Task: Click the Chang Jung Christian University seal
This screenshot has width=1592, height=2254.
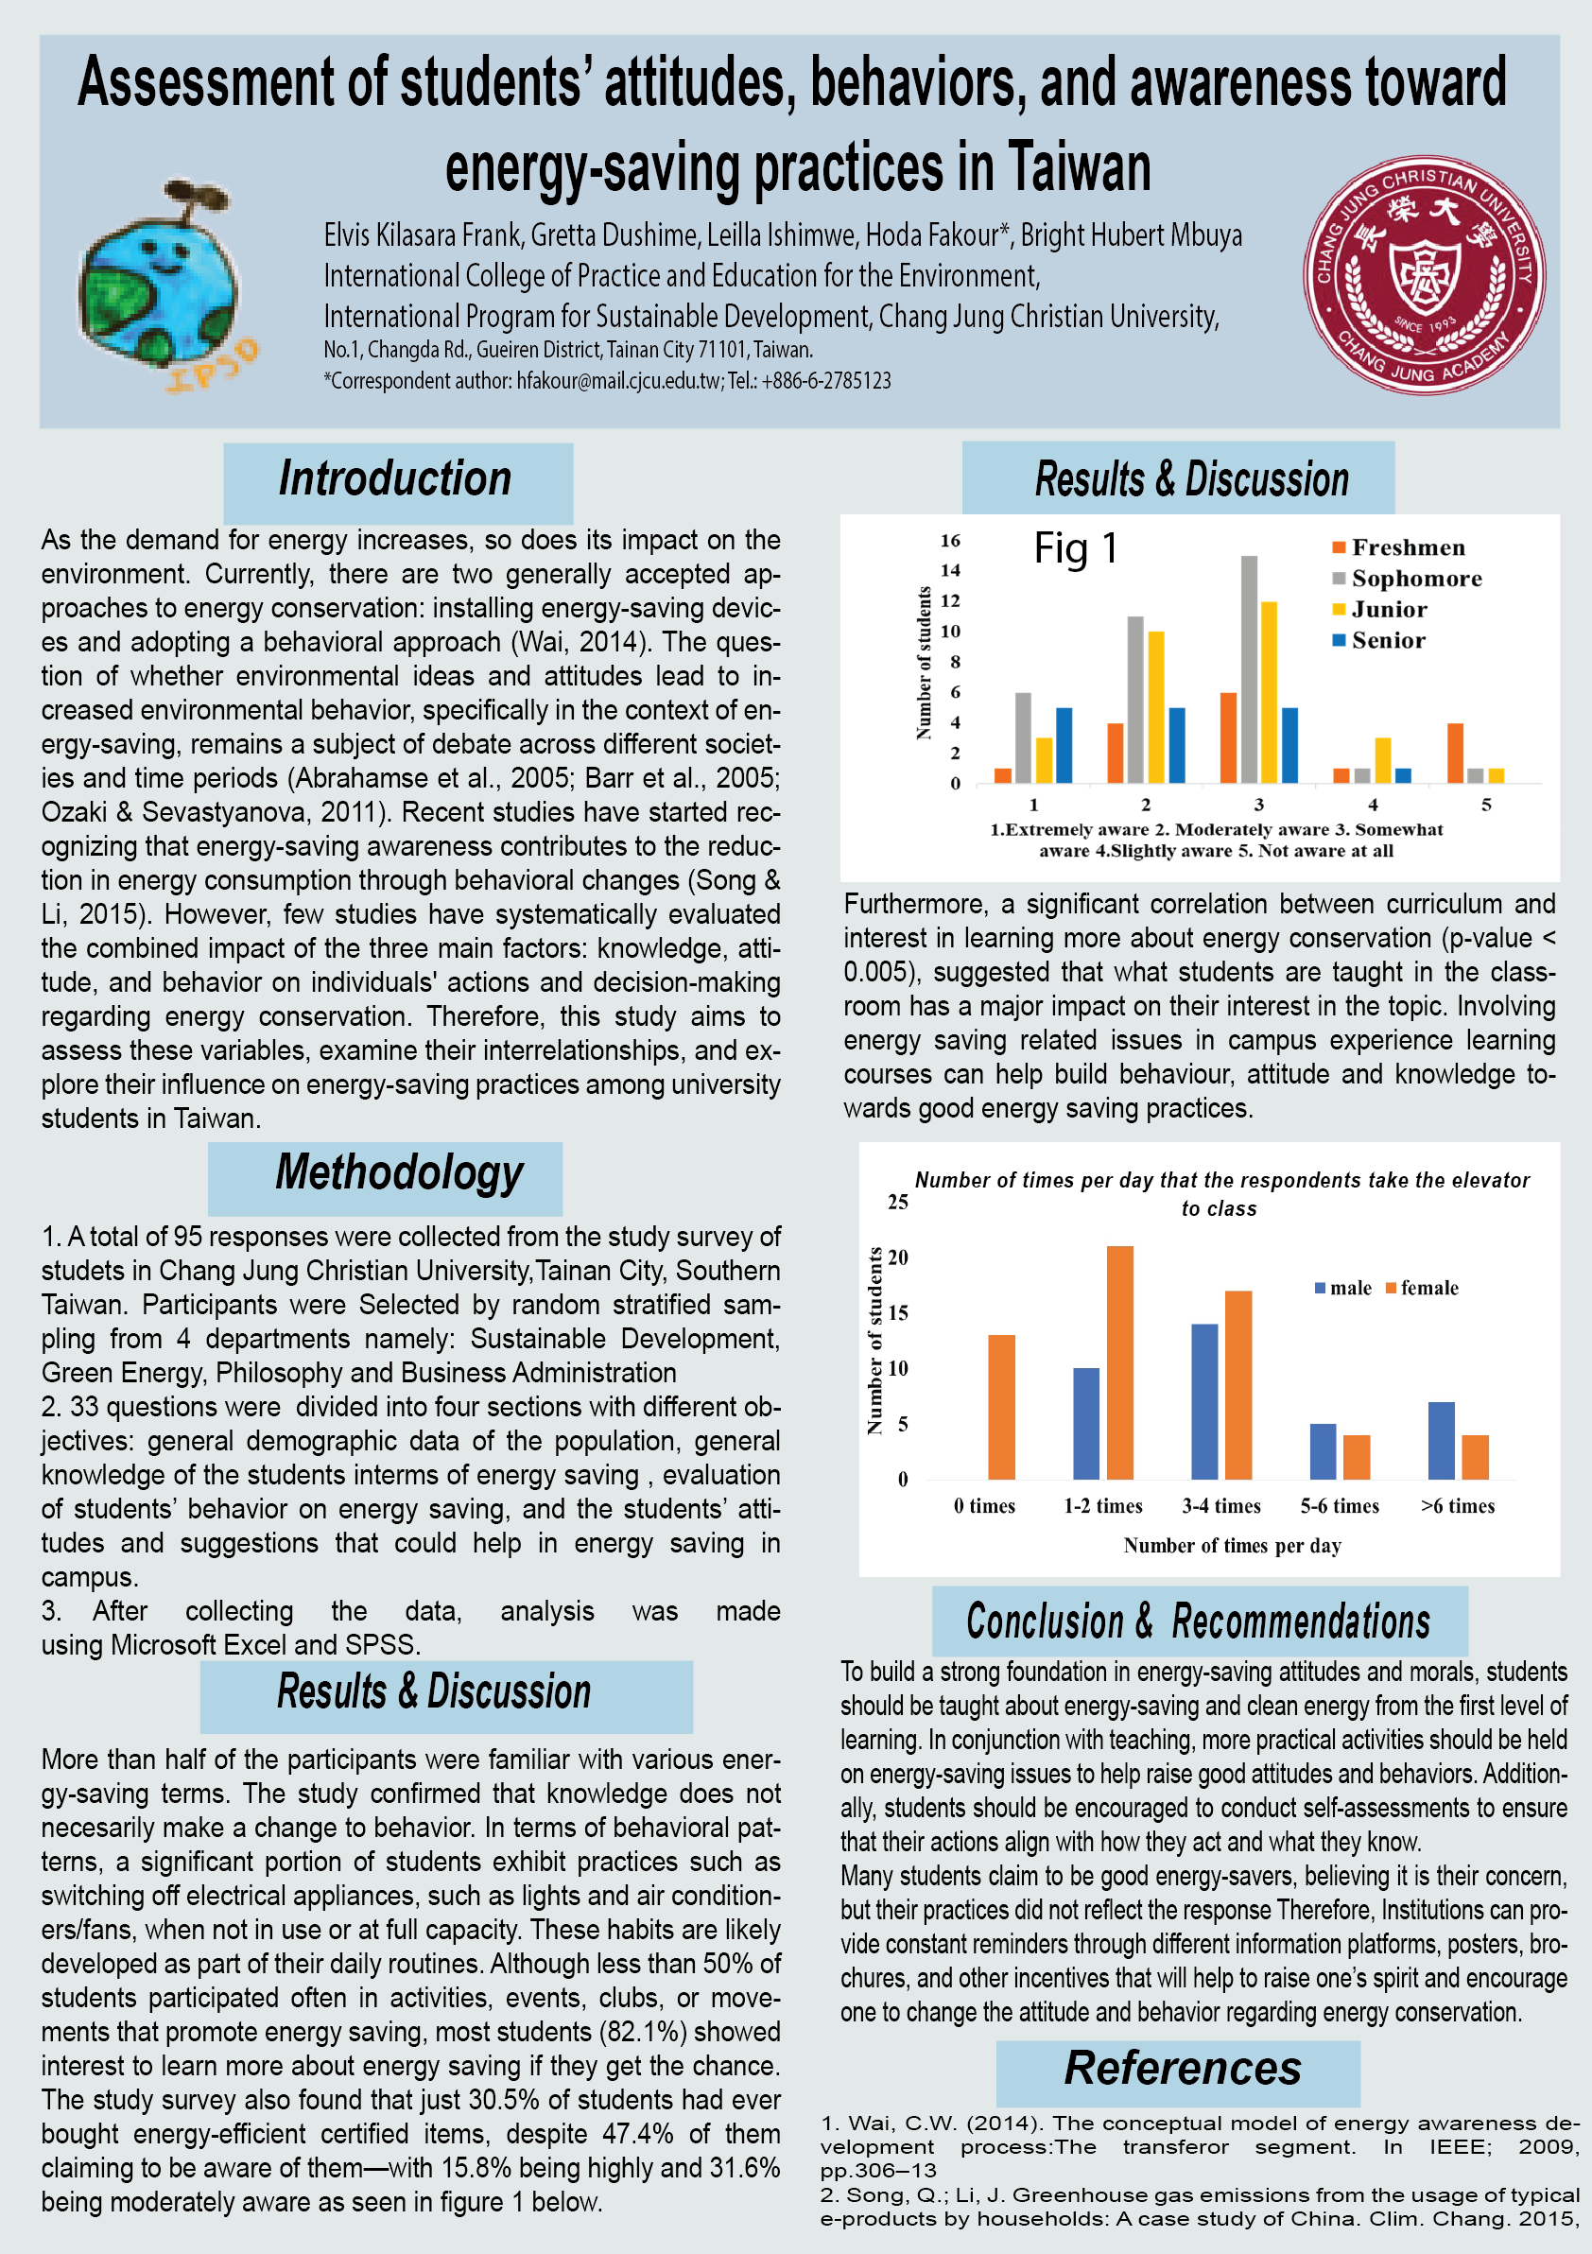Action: coord(1423,275)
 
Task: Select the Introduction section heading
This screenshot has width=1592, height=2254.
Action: coord(396,480)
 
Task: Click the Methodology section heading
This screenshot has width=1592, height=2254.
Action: coord(399,1174)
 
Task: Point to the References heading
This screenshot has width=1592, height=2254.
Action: coord(1182,2070)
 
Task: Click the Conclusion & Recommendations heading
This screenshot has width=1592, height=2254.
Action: coord(1198,1621)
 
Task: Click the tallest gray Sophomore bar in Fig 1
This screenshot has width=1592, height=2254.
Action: coord(1249,669)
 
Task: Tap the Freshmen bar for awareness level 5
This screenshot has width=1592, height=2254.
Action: coord(1456,753)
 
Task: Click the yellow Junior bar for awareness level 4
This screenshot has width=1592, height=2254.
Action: coord(1382,761)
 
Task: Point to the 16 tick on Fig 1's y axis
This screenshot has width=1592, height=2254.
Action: coord(950,540)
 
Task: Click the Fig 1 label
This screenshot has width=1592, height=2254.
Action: coord(1076,547)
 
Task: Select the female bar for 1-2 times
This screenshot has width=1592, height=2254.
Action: coord(1120,1362)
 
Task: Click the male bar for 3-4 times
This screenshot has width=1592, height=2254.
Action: coord(1204,1402)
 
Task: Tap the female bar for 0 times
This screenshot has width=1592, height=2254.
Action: coord(1001,1407)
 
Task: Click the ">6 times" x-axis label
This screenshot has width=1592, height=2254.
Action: coord(1458,1506)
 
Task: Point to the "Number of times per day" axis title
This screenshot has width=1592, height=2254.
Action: coord(1232,1545)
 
